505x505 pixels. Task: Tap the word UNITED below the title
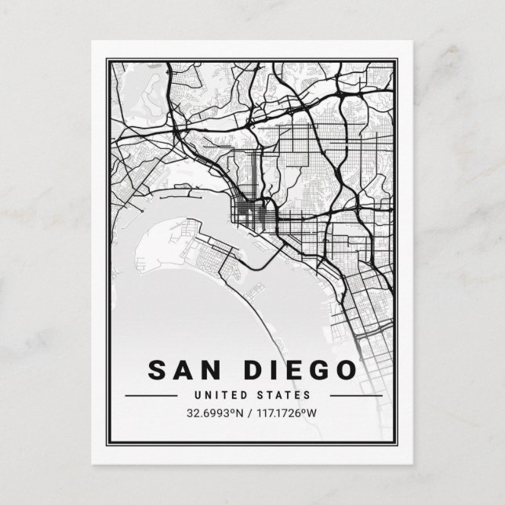click(225, 394)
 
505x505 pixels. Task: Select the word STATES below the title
click(285, 394)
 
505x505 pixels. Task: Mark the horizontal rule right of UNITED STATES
click(351, 395)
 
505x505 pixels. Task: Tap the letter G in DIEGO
click(318, 369)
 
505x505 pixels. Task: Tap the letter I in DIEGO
click(274, 369)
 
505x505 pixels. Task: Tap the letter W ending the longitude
click(315, 412)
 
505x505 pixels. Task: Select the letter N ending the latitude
click(241, 412)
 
